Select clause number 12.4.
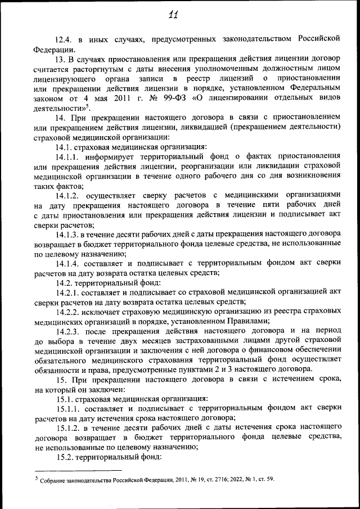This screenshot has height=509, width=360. pos(64,39)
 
